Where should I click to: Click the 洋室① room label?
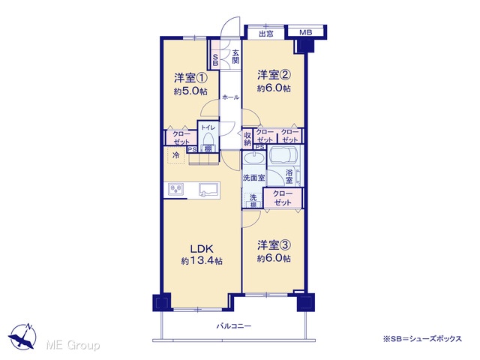(x=190, y=78)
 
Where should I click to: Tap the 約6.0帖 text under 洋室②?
(x=274, y=88)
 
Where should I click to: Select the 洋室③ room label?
(x=274, y=245)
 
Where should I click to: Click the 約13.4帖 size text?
(x=202, y=261)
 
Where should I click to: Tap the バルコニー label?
(x=234, y=326)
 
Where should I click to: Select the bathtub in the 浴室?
(x=283, y=156)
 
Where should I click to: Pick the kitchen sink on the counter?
(x=209, y=189)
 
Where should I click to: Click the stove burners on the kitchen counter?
(x=175, y=189)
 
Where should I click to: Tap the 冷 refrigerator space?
(x=176, y=155)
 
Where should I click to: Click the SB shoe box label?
(x=215, y=60)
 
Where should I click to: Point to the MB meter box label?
(x=305, y=32)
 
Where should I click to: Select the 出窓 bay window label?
(x=266, y=33)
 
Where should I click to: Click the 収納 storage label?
(x=247, y=138)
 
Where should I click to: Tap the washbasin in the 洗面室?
(x=253, y=159)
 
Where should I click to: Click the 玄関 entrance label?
(x=235, y=57)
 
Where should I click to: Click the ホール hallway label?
(x=230, y=97)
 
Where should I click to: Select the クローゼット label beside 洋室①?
(x=181, y=137)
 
